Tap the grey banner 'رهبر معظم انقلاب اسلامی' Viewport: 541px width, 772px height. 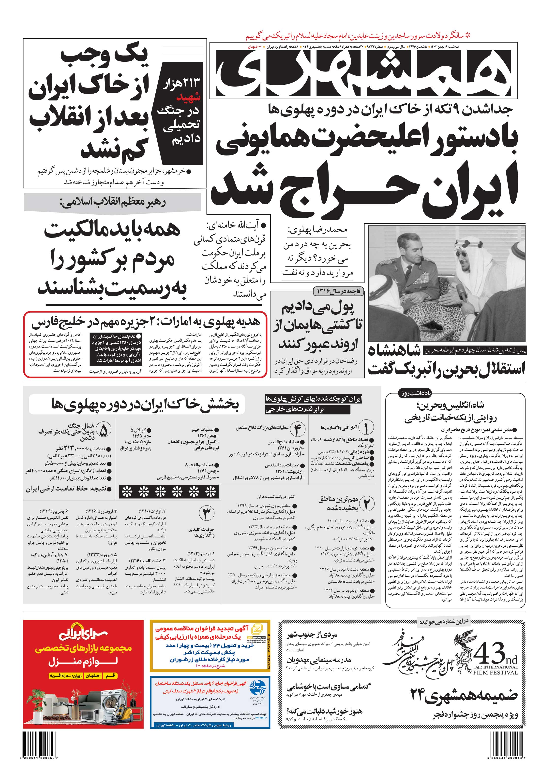112,203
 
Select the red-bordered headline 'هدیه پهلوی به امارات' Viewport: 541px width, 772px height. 145,322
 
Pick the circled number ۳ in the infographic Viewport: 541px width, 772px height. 207,513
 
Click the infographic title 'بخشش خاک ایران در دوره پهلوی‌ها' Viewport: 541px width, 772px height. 145,404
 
